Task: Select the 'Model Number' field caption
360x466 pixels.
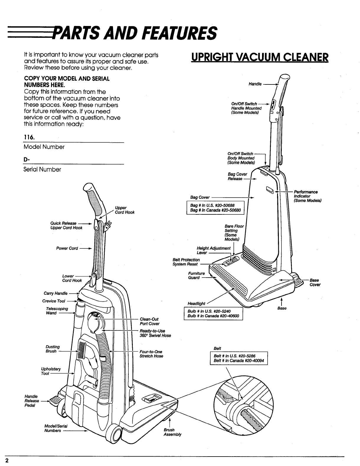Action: pos(44,147)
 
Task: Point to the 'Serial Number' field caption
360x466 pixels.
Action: pos(42,170)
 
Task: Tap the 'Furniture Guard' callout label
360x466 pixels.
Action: pos(196,276)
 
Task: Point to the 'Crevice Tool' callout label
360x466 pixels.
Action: pos(53,301)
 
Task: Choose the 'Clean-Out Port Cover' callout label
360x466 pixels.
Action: pos(149,321)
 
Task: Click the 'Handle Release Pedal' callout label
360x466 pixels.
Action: pos(32,401)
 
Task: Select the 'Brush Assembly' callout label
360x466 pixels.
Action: pos(172,432)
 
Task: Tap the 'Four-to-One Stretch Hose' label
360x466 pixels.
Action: pos(151,354)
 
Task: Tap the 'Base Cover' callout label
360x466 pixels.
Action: pos(315,282)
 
